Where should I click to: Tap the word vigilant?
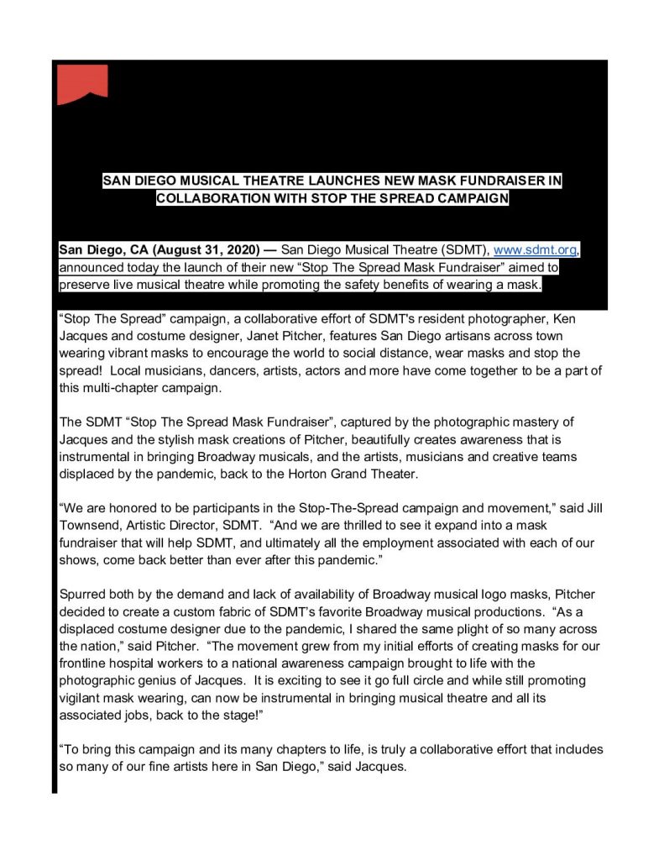tap(82, 697)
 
